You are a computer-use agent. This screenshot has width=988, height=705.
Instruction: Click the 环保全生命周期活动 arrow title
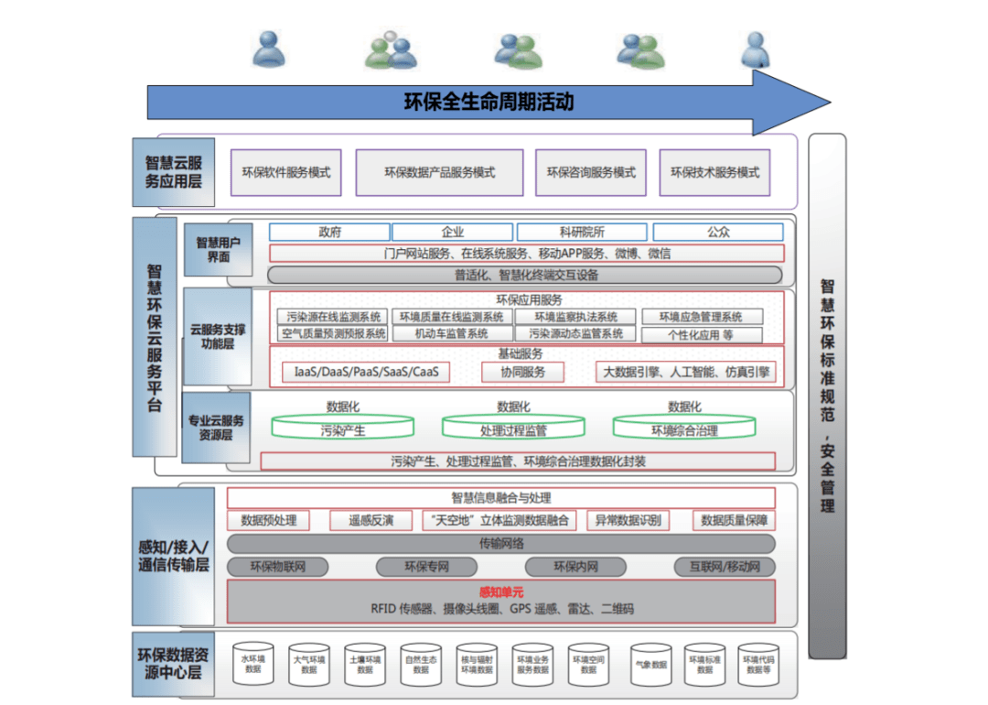(489, 102)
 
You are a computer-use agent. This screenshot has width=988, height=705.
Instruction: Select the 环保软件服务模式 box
(285, 172)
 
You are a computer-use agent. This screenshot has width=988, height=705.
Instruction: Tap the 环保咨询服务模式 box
(591, 172)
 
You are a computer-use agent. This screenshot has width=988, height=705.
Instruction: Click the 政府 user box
(329, 233)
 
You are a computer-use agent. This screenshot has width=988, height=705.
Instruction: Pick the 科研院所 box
(581, 233)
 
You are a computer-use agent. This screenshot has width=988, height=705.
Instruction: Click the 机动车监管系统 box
(451, 334)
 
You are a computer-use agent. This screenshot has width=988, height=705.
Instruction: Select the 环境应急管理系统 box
(701, 317)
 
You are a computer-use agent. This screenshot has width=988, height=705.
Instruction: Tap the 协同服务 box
(522, 372)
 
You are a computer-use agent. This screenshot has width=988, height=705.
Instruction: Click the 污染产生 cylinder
(343, 428)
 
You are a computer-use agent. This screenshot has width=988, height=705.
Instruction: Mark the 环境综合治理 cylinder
(683, 428)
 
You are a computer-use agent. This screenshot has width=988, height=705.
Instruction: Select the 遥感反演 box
(370, 520)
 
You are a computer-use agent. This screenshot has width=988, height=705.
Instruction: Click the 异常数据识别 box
(628, 520)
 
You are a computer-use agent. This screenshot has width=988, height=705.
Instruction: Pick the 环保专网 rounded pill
(426, 567)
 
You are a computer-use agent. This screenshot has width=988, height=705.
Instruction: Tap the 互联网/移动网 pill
(725, 567)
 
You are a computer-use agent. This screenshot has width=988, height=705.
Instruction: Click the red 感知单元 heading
(501, 591)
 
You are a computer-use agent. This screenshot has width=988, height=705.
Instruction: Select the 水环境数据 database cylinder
(253, 664)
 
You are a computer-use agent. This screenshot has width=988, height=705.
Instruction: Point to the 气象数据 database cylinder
(649, 664)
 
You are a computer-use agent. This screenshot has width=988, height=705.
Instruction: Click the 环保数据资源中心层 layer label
(174, 664)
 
